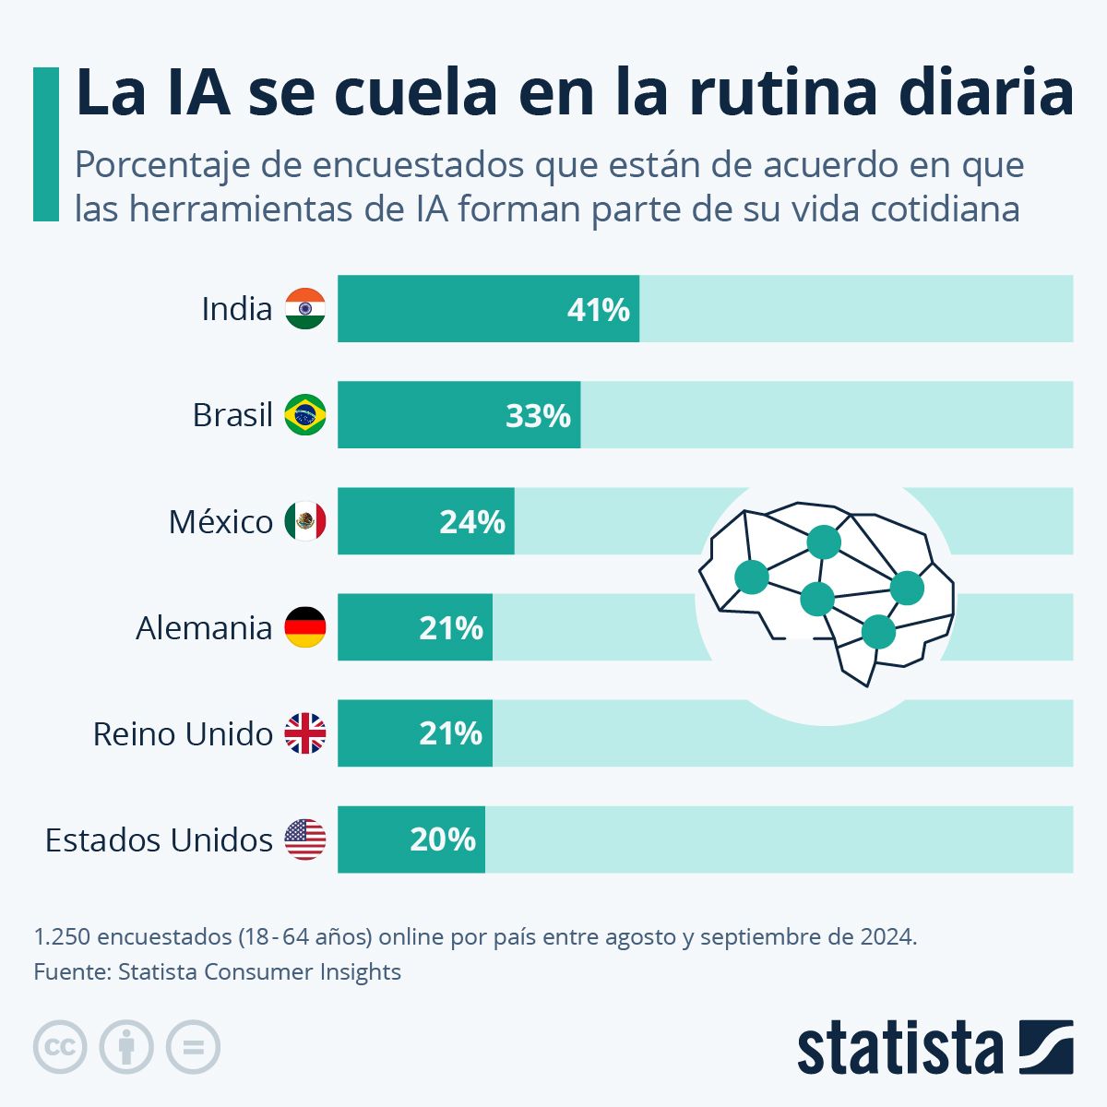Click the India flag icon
click(304, 308)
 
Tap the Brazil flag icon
click(304, 415)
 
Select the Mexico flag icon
click(304, 522)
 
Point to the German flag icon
click(304, 627)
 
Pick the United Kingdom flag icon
click(304, 734)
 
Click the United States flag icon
click(304, 839)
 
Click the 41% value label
click(598, 310)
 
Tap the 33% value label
click(539, 416)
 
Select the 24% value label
click(472, 522)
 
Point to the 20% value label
click(443, 839)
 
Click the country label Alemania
click(204, 628)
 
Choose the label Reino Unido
click(183, 734)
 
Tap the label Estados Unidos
click(159, 840)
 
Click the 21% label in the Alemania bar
click(450, 628)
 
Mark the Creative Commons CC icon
click(60, 1047)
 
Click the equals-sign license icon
click(193, 1047)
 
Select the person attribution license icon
click(126, 1047)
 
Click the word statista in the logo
click(899, 1048)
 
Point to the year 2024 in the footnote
click(887, 937)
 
